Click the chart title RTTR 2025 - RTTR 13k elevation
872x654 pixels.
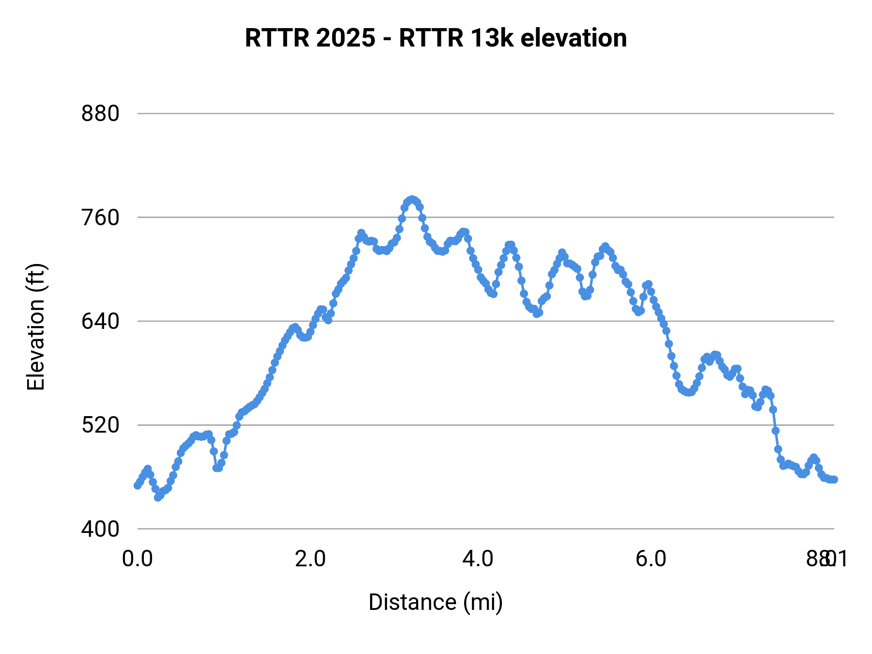[436, 38]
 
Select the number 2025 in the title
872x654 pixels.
[345, 38]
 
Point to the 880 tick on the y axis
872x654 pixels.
[100, 114]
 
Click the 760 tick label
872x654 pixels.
[100, 218]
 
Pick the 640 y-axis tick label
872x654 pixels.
[100, 321]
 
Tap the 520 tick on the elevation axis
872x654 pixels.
[100, 425]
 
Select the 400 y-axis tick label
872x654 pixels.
[100, 529]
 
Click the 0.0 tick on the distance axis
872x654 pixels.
[137, 559]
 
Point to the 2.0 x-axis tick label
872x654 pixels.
[311, 559]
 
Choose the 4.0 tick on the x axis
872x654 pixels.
[478, 559]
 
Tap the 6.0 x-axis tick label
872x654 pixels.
[651, 559]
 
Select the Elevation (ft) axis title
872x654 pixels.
[36, 327]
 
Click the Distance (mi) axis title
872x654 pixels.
[436, 602]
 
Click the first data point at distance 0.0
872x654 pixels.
[138, 485]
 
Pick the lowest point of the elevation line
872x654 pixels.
[157, 498]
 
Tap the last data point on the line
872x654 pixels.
[834, 480]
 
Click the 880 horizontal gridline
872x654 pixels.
[484, 114]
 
